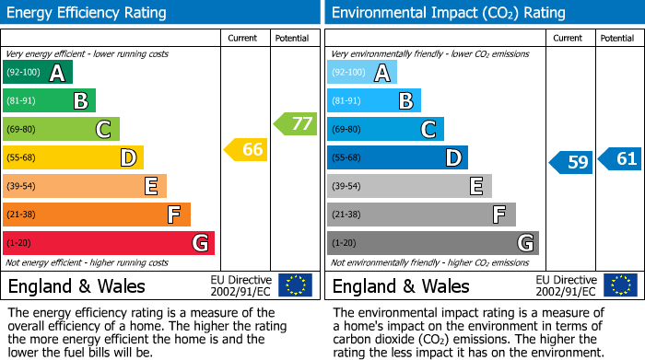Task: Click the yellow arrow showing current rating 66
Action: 246,149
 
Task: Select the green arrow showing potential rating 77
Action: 295,123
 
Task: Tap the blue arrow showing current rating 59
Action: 571,163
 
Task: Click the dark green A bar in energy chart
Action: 37,73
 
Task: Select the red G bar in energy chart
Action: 108,243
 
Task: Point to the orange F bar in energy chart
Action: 96,215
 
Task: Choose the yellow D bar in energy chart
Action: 73,158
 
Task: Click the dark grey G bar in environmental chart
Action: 432,243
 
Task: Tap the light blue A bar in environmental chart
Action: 362,73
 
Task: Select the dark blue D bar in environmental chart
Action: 397,158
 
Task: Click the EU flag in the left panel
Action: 296,285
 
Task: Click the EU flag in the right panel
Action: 620,285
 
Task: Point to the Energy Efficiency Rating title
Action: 88,13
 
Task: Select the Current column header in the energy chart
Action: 242,38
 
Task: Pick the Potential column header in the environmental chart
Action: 617,38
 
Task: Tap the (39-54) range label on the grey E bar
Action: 346,187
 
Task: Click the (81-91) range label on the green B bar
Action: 22,101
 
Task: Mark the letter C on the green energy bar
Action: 104,130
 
